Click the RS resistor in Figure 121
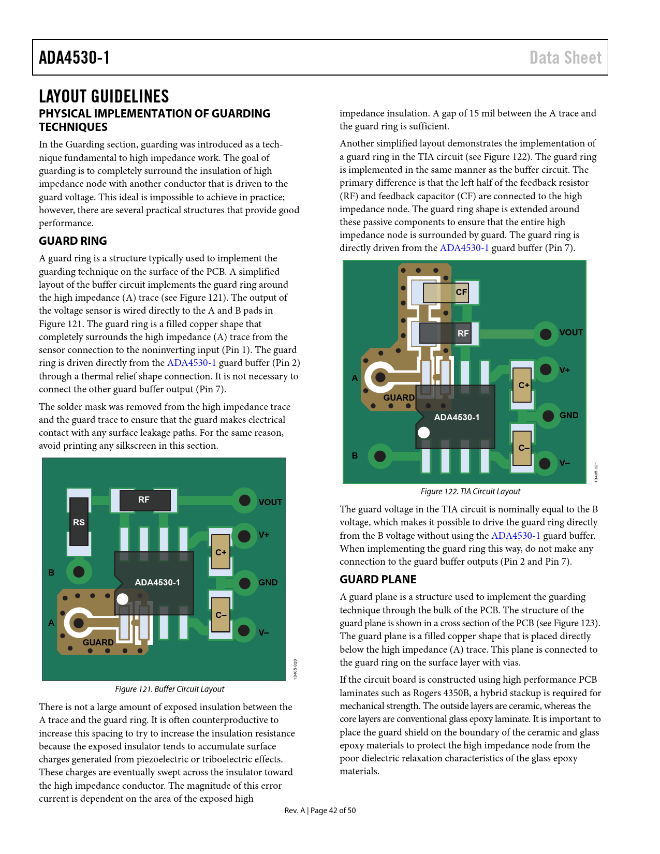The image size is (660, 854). click(x=79, y=522)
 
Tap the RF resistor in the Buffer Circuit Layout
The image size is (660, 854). click(x=144, y=500)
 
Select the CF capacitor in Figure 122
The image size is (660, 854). click(x=445, y=292)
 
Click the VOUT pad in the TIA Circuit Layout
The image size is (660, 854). click(x=546, y=334)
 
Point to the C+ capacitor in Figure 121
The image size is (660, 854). click(x=221, y=552)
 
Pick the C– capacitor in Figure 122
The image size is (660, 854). click(x=522, y=448)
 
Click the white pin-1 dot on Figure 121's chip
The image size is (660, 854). click(x=122, y=599)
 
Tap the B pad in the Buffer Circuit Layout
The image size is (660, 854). click(x=79, y=572)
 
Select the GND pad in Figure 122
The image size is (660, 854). click(x=548, y=415)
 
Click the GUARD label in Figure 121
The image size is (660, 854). click(x=98, y=642)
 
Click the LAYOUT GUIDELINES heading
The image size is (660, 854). click(x=104, y=96)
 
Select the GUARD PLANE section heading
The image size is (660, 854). click(x=378, y=580)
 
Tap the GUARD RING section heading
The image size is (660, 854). click(x=73, y=241)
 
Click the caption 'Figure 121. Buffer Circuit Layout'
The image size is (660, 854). click(x=169, y=689)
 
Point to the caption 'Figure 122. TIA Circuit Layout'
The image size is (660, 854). click(x=470, y=492)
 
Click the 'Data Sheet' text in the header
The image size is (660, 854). click(x=565, y=57)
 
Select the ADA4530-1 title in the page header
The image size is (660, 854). click(x=75, y=57)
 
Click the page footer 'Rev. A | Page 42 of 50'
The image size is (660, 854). click(x=320, y=811)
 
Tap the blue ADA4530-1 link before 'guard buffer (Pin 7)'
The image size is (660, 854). click(x=464, y=248)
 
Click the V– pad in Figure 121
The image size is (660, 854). click(x=244, y=630)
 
